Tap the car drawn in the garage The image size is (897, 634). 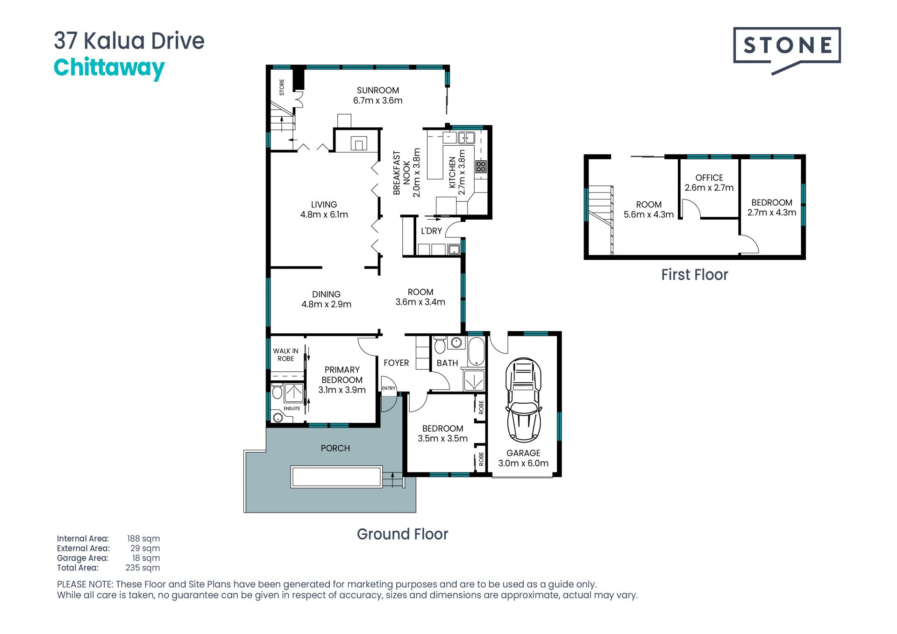click(524, 400)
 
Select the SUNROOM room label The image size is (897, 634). click(378, 90)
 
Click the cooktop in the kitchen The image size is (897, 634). click(481, 166)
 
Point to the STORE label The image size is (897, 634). click(282, 87)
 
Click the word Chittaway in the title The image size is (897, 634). click(109, 68)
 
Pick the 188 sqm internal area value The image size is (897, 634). click(143, 539)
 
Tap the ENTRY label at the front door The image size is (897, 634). click(389, 388)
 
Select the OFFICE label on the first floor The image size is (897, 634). click(709, 178)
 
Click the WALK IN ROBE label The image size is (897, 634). click(285, 355)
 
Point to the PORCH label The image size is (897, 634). click(335, 448)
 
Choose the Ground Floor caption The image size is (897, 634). click(402, 534)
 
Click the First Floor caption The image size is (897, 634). click(695, 275)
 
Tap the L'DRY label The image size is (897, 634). click(431, 231)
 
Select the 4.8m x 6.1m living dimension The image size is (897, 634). click(324, 214)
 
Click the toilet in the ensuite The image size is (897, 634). click(277, 391)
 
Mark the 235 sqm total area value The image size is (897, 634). click(142, 568)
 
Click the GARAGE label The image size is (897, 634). click(523, 453)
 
